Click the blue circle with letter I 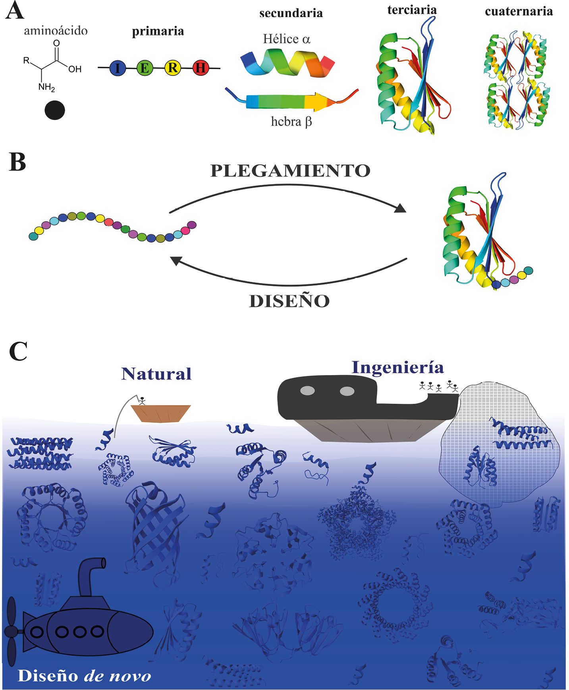coord(117,68)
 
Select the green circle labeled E coord(145,68)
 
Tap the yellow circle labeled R coord(173,68)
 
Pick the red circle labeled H coord(201,68)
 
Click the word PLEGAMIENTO coord(290,171)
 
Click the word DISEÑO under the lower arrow coord(289,301)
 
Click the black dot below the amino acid coord(55,110)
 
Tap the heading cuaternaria coord(519,11)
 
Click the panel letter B coord(17,163)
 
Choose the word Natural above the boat coord(156,374)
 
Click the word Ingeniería coord(398,367)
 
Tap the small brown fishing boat coord(161,413)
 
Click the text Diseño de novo coord(85,676)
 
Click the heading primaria coord(158,31)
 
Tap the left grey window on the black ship coord(307,391)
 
